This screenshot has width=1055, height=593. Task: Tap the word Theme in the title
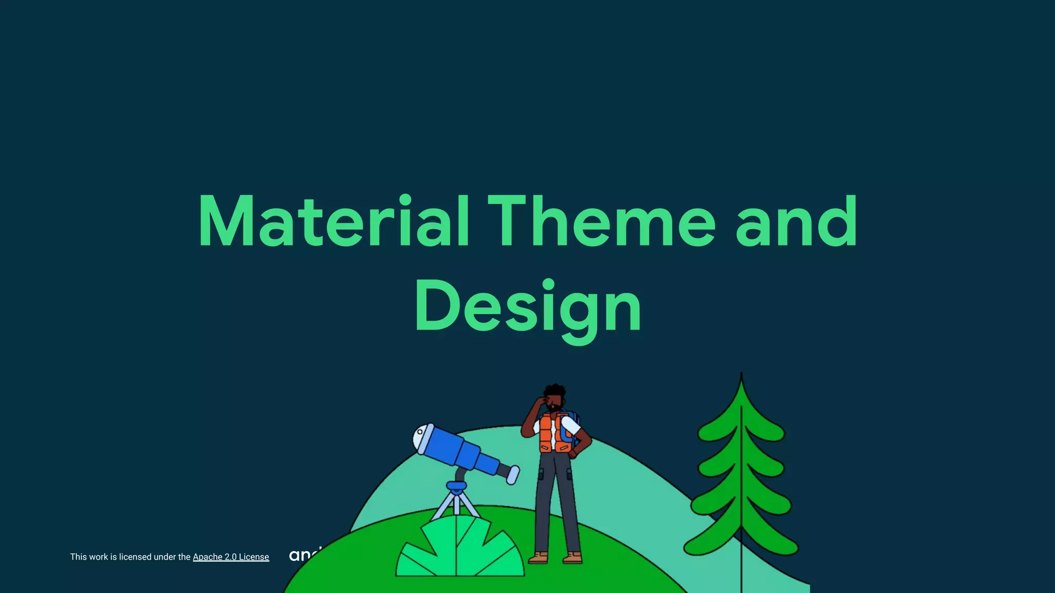click(601, 221)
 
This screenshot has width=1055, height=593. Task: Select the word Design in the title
click(528, 307)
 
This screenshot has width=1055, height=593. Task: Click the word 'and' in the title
click(796, 221)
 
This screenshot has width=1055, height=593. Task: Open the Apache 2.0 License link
click(231, 557)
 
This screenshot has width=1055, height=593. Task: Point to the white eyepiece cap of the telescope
click(422, 438)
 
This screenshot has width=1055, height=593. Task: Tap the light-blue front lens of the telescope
click(513, 475)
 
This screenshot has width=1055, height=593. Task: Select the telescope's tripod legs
click(456, 504)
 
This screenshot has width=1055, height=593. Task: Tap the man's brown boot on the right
click(573, 558)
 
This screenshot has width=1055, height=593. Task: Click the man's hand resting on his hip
click(573, 453)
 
